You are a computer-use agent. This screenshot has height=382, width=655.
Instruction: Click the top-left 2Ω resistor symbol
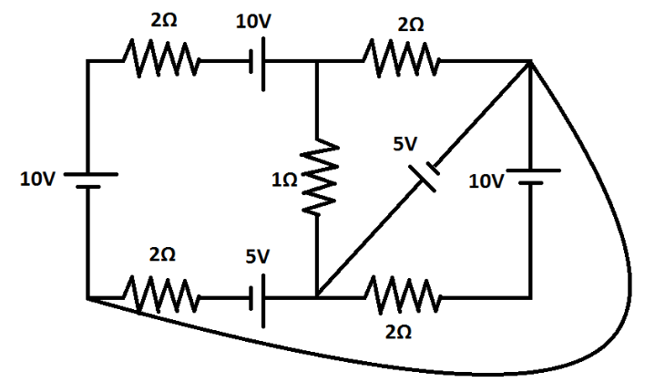[161, 62]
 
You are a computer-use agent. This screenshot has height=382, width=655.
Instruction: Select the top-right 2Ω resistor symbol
[402, 62]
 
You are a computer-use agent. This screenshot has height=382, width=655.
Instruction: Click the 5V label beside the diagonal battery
[406, 144]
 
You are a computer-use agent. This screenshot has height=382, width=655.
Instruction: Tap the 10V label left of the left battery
[38, 180]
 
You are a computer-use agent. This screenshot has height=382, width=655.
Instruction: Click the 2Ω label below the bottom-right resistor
[398, 334]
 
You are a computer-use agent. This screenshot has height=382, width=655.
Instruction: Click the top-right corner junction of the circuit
[530, 62]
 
